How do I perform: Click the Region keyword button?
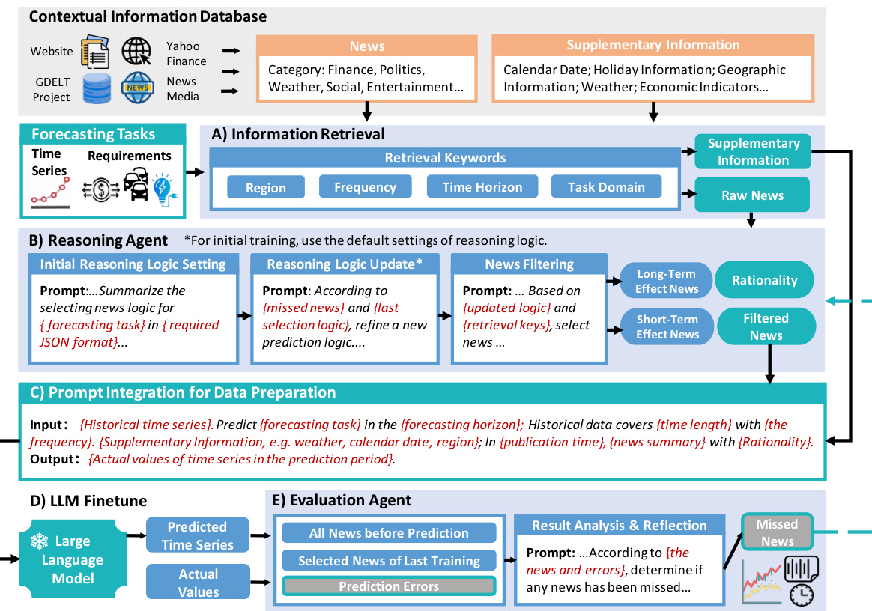(x=265, y=187)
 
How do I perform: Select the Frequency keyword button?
(x=365, y=187)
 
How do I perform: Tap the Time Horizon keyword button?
(x=482, y=187)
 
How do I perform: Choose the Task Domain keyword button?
(x=606, y=187)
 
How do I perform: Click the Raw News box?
(x=752, y=195)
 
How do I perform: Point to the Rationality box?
(x=765, y=280)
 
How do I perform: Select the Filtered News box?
(x=765, y=326)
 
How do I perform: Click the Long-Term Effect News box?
(x=667, y=281)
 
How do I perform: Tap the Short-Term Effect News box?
(x=667, y=326)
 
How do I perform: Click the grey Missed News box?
(x=777, y=532)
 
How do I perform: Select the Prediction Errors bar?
(x=389, y=586)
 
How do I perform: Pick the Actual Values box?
(x=198, y=583)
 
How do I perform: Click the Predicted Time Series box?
(x=197, y=535)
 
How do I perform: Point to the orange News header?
(x=366, y=46)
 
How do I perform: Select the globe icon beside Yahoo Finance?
(x=137, y=52)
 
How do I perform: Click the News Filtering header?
(x=529, y=264)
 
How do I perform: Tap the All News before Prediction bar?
(x=389, y=533)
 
